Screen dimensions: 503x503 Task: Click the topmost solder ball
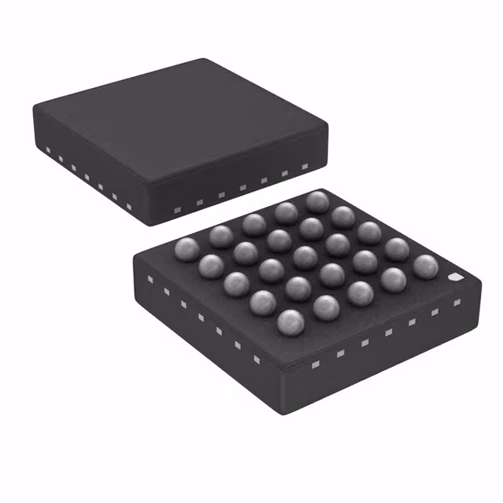tap(318, 201)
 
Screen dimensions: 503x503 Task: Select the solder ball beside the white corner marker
tap(425, 267)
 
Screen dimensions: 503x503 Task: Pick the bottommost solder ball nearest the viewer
tap(291, 321)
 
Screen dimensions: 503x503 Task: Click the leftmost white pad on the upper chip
tap(46, 149)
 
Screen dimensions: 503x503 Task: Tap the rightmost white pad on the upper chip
tap(305, 167)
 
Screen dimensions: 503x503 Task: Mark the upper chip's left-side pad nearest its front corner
tap(128, 207)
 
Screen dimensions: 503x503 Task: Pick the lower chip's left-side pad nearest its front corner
tap(256, 359)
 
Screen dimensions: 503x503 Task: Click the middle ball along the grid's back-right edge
tap(369, 232)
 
